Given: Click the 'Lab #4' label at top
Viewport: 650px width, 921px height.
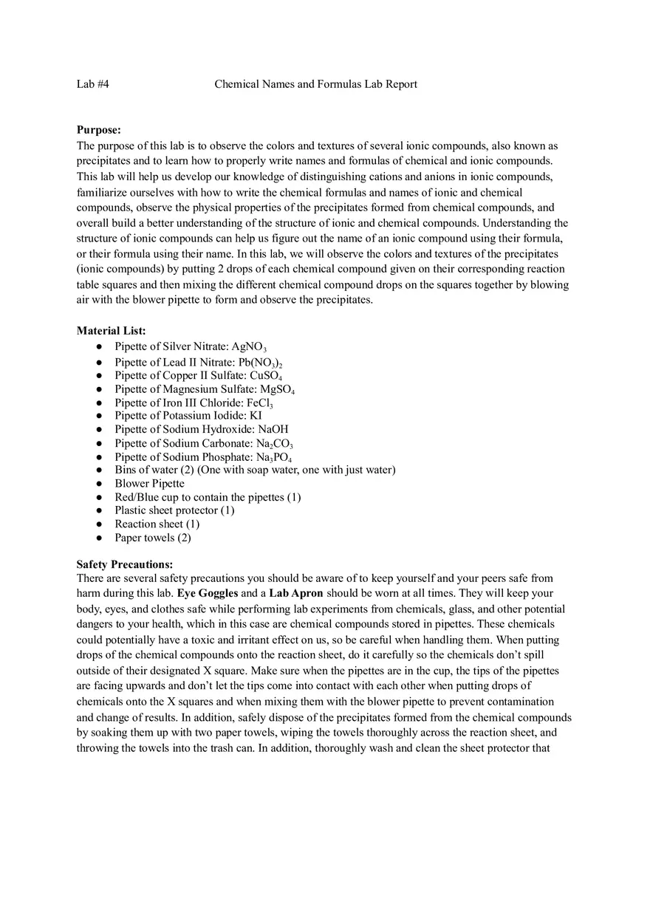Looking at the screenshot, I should [x=92, y=84].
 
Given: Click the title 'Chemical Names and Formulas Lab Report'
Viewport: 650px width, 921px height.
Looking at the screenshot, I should [x=315, y=84].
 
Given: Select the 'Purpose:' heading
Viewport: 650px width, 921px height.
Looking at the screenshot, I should [x=98, y=130].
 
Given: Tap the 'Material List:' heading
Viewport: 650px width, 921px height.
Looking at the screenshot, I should [x=111, y=331].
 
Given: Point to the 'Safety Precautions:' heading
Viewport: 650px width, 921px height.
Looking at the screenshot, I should [x=124, y=564].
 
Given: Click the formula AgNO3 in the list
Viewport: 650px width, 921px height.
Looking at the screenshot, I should [x=249, y=346].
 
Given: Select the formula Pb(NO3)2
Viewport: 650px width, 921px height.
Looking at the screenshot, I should [x=260, y=362].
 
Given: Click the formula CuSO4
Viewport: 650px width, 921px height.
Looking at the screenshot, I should [x=266, y=375].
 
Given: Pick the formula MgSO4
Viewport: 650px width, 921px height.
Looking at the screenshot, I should [x=277, y=389].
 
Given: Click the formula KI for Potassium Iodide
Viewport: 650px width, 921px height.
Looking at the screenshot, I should [x=256, y=416].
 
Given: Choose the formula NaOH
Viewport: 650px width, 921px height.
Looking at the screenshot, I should [x=273, y=429].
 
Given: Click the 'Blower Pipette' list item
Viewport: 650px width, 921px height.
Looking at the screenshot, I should [x=149, y=484].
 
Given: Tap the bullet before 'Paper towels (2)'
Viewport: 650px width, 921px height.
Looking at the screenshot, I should [x=99, y=538].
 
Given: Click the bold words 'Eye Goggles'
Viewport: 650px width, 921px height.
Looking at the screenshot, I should [x=208, y=593].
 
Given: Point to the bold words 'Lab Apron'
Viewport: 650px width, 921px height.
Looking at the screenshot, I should [x=295, y=593].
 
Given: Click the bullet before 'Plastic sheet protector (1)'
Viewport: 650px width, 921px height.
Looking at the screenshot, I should [x=99, y=511].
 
